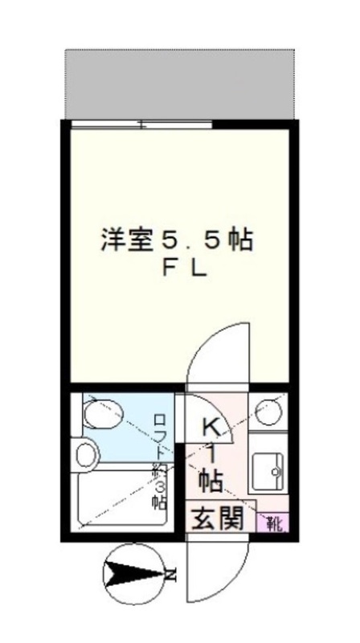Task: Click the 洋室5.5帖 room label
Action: (177, 240)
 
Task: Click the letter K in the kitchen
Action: (211, 427)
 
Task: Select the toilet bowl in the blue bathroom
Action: (100, 415)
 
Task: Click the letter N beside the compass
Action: (170, 574)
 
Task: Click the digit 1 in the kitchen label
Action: (211, 454)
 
